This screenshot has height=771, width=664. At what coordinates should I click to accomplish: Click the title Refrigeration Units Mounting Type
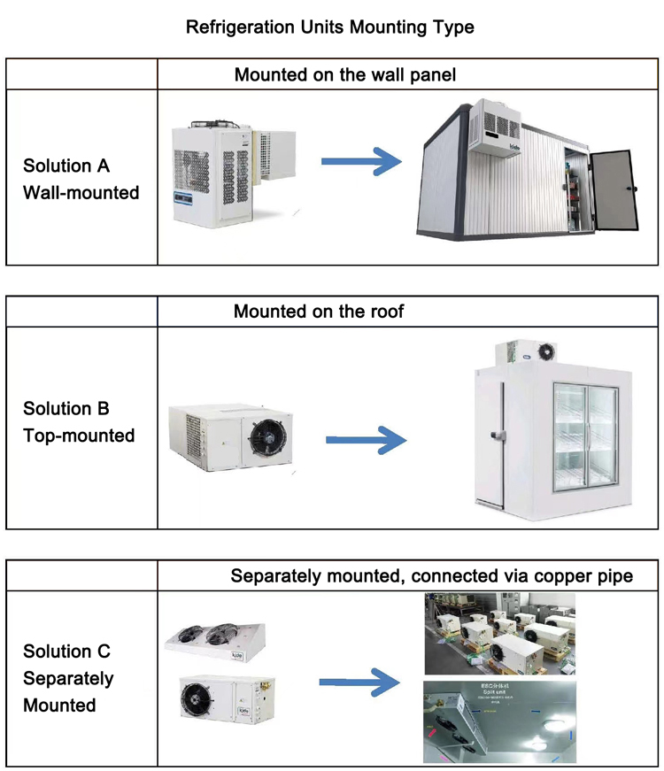[329, 27]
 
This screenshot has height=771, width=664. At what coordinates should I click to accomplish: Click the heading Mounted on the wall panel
[345, 74]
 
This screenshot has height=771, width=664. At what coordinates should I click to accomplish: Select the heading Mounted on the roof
[320, 312]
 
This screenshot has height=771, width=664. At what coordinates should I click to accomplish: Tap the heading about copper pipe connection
[431, 576]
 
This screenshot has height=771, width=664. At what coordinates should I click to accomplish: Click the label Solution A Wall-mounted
[81, 179]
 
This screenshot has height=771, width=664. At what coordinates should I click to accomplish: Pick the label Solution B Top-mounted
[79, 422]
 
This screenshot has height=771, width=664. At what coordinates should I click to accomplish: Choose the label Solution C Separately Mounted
[68, 678]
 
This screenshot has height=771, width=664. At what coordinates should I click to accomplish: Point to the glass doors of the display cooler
[584, 434]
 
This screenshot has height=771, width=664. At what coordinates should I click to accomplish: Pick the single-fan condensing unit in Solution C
[218, 697]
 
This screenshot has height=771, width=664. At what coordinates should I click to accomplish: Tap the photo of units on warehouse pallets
[499, 634]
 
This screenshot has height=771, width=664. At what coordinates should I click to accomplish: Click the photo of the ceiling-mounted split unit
[499, 721]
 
